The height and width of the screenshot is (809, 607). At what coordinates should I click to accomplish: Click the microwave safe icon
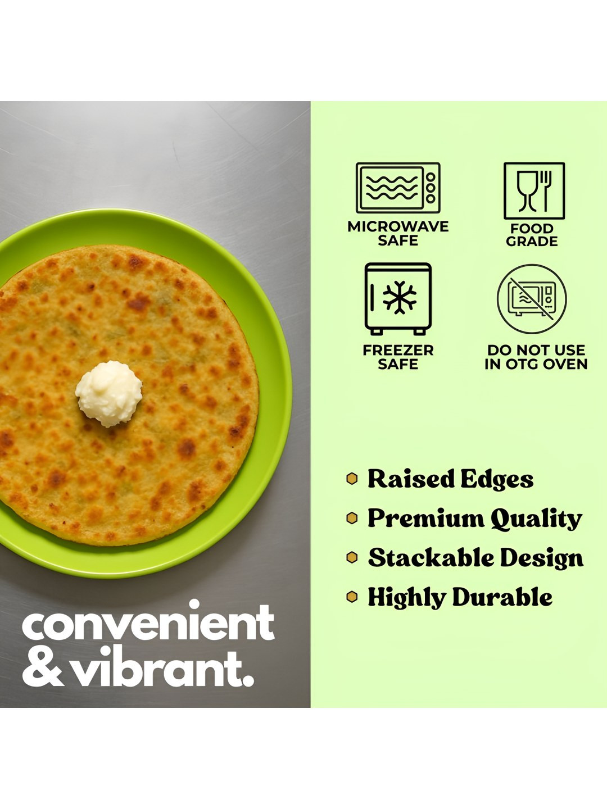tap(398, 188)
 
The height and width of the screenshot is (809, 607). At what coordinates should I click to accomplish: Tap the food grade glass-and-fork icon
tap(534, 191)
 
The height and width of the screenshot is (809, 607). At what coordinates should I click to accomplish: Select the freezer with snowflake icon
tap(398, 298)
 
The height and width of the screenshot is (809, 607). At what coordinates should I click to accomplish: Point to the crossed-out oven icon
tap(532, 299)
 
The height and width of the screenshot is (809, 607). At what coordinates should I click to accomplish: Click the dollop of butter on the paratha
tap(108, 394)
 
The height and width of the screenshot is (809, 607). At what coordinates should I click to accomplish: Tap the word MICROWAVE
tap(398, 226)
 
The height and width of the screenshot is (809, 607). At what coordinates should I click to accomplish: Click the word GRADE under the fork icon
tap(532, 242)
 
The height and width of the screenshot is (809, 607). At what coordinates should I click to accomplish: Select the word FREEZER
tap(398, 350)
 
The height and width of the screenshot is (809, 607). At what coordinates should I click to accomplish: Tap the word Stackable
tap(430, 558)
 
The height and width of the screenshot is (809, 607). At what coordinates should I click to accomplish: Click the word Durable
tap(502, 597)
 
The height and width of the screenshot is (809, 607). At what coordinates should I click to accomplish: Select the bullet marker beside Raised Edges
tap(352, 479)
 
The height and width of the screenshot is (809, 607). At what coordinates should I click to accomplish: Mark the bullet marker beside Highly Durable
tap(352, 597)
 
